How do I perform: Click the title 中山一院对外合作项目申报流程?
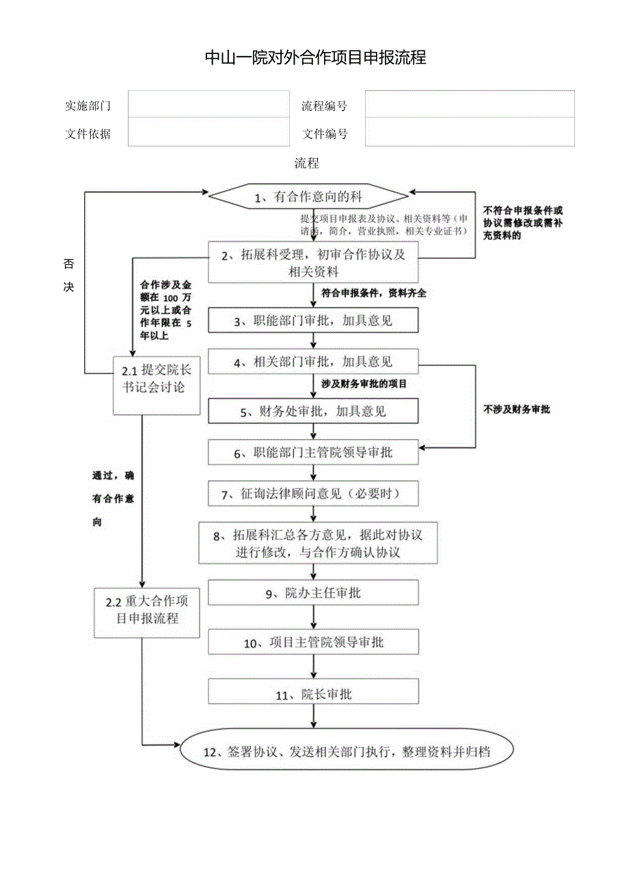pos(315,58)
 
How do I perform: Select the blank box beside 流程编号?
pos(469,104)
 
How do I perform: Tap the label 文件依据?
pos(88,134)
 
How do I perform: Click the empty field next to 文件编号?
pos(469,132)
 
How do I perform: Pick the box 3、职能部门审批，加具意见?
pos(312,320)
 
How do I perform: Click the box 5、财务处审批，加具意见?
pos(312,411)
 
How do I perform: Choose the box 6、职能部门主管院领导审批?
pos(312,453)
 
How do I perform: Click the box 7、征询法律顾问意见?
pos(312,493)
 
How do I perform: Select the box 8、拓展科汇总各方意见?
pos(317,543)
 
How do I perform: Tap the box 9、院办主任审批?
pos(312,593)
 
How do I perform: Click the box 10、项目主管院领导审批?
pos(312,642)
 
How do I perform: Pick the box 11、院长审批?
pos(312,694)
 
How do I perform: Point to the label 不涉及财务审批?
pos(517,409)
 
